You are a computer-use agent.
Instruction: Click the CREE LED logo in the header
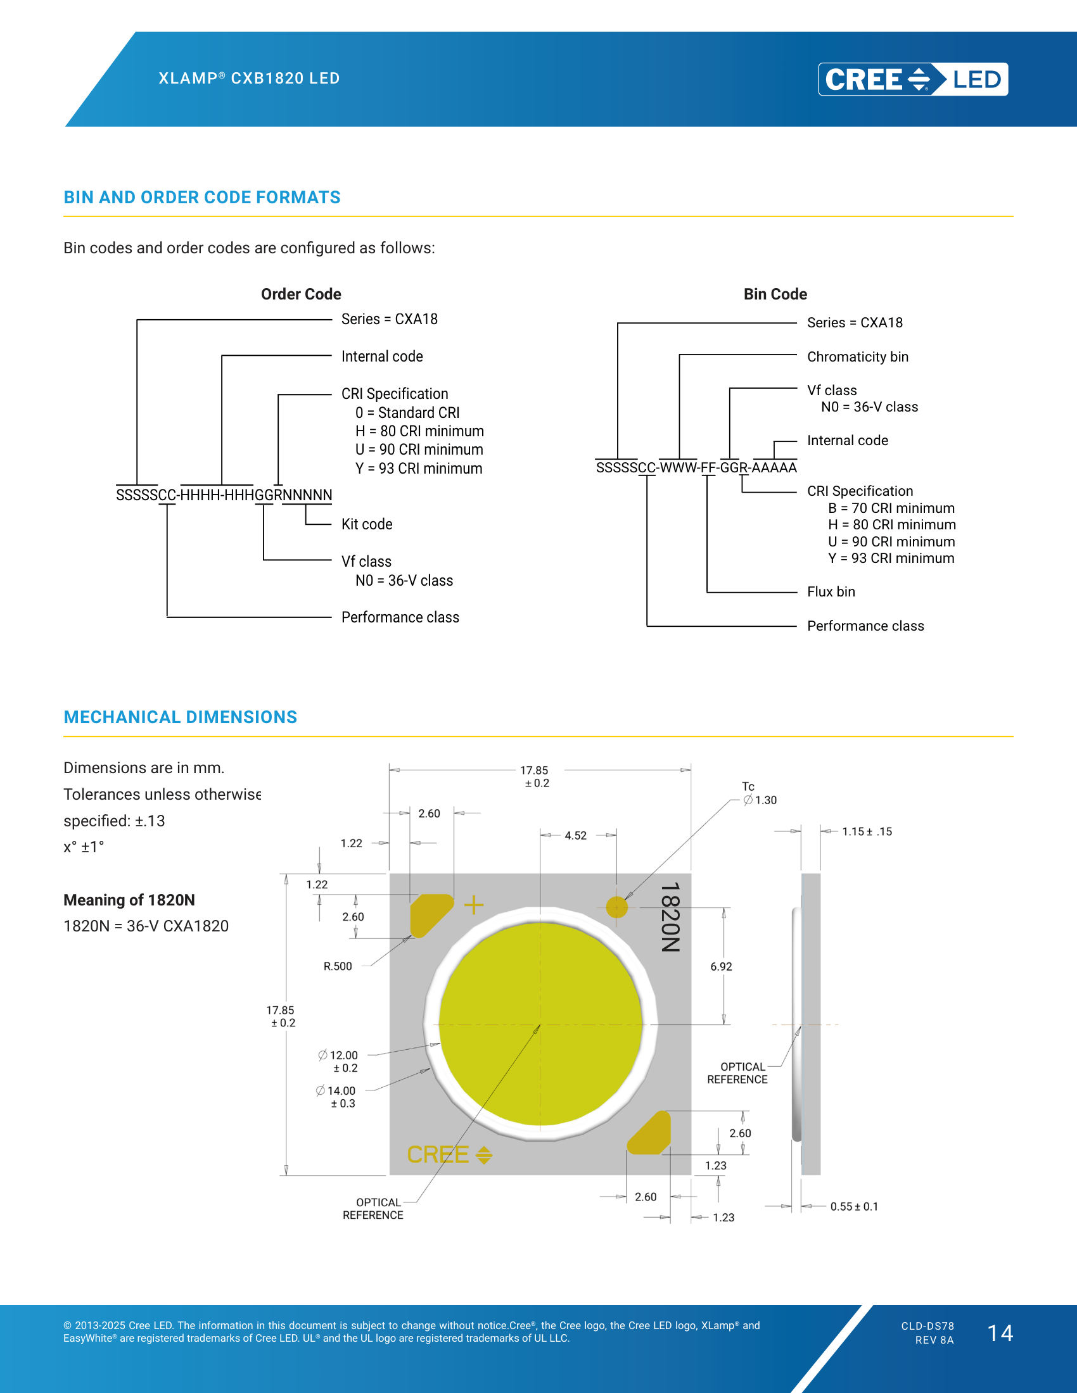point(913,79)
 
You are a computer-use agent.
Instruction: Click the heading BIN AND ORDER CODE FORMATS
point(202,197)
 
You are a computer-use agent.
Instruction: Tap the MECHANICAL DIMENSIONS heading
point(181,717)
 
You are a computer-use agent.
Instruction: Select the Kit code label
point(367,524)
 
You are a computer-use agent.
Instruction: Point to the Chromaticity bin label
point(858,356)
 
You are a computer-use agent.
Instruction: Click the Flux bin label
point(831,592)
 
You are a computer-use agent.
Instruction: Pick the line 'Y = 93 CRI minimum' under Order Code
point(419,469)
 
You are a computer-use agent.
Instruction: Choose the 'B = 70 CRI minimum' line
point(891,508)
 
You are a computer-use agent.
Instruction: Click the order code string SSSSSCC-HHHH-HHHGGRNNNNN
point(224,495)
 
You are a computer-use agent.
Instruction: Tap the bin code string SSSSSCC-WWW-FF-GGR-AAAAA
point(696,467)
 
